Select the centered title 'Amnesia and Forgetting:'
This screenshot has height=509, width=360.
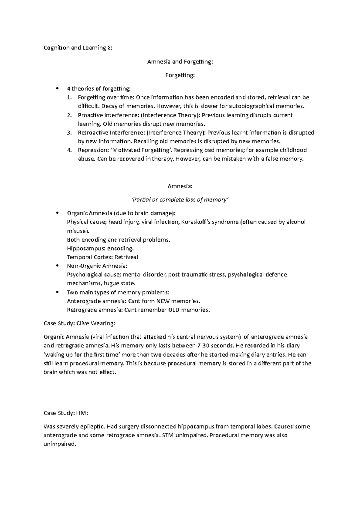click(x=180, y=62)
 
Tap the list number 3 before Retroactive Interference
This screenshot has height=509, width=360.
click(x=69, y=133)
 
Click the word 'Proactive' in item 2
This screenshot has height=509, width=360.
click(x=89, y=115)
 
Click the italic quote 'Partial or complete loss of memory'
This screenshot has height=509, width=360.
click(x=180, y=200)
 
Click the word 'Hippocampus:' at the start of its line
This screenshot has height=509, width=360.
click(x=82, y=249)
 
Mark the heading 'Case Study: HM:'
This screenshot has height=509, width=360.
click(x=66, y=413)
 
